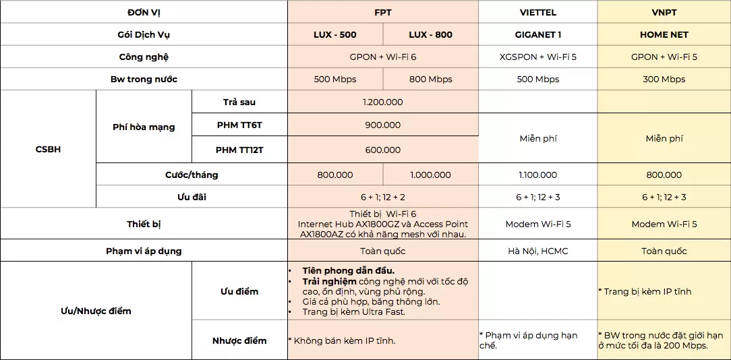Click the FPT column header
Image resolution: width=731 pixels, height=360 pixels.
point(383,12)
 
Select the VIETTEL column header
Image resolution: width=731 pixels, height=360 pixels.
point(537,12)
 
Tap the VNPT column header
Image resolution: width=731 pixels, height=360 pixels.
point(664,12)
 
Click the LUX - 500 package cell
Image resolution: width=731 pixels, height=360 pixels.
point(335,34)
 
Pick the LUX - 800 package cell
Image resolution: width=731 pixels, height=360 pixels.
point(430,34)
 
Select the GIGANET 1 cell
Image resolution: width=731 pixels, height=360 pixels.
point(537,34)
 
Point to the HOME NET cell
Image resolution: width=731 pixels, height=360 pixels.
point(664,34)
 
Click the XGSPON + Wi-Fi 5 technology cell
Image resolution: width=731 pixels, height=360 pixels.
point(537,57)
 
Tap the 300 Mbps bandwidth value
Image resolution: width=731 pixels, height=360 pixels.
point(664,79)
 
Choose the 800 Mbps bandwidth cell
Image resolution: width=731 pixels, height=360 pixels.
point(430,79)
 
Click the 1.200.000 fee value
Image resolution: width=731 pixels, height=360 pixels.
point(383,102)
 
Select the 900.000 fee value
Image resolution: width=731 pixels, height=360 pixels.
point(383,125)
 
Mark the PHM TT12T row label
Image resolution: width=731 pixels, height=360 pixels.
point(239,150)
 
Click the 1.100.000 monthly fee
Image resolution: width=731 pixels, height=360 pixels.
point(537,175)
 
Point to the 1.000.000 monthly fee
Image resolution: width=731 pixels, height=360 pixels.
point(430,175)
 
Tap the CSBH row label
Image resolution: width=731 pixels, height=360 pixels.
point(48,149)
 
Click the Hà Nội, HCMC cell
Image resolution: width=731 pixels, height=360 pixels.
point(537,251)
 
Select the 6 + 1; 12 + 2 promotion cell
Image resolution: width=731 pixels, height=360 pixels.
point(383,197)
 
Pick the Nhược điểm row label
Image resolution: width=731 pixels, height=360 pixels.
point(239,340)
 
